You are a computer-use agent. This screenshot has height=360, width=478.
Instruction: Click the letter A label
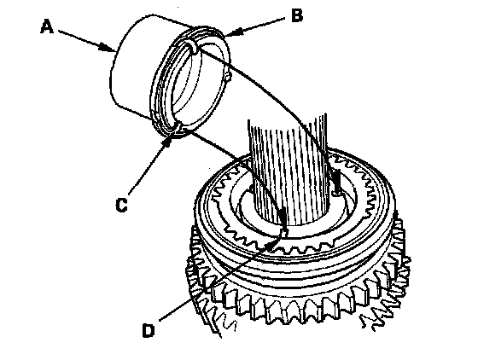tap(47, 26)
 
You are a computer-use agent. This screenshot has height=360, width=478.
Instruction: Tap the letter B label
tap(297, 15)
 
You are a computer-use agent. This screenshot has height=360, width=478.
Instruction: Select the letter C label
tap(121, 205)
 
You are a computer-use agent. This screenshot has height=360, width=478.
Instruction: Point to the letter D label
tap(149, 330)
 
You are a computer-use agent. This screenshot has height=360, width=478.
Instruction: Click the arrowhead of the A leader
tap(109, 48)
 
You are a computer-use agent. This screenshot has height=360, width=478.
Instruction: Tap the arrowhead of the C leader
tap(169, 141)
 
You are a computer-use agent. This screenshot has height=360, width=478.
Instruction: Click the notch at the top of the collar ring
tap(194, 48)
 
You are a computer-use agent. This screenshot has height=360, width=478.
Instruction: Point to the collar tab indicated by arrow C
tap(179, 127)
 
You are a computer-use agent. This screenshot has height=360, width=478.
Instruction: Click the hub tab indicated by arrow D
tap(283, 233)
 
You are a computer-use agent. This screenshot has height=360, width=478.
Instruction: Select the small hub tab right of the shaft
tap(336, 193)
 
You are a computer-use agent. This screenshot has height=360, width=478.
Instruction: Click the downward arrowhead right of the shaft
tap(337, 180)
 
